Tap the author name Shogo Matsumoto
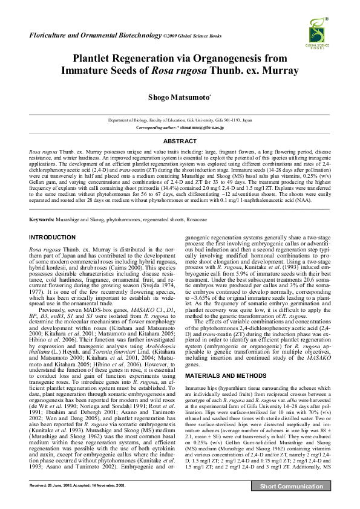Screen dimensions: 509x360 [x=179, y=97]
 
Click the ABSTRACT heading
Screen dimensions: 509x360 [x=180, y=141]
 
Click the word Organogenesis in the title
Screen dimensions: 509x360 [x=230, y=59]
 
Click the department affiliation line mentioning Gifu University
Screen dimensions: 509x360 [x=180, y=121]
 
